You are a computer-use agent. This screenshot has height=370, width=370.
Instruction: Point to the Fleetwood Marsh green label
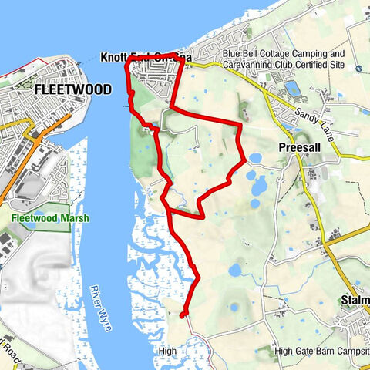pyautogui.click(x=50, y=218)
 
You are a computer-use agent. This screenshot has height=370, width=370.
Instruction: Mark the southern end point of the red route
pyautogui.click(x=183, y=314)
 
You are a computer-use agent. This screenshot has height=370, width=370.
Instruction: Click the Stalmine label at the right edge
pyautogui.click(x=355, y=301)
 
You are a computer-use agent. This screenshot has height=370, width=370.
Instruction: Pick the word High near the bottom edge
pyautogui.click(x=167, y=351)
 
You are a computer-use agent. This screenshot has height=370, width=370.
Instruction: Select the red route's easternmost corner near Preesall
pyautogui.click(x=244, y=160)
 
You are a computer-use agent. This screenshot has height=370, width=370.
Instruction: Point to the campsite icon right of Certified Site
pyautogui.click(x=361, y=67)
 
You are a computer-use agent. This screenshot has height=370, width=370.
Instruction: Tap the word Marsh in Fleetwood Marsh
pyautogui.click(x=74, y=218)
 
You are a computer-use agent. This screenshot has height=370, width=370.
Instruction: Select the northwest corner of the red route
pyautogui.click(x=126, y=65)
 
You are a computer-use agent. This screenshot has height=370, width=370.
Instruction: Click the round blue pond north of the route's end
pyautogui.click(x=236, y=271)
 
